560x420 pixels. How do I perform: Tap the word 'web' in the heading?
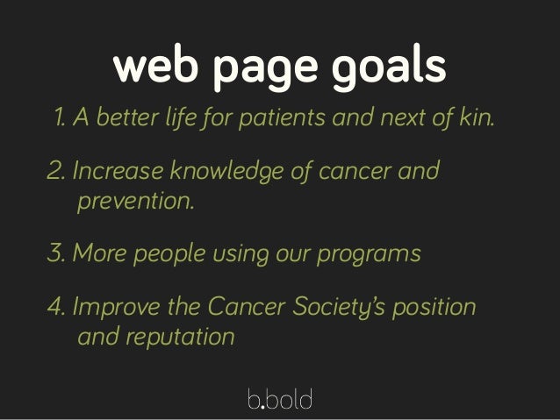tap(151, 66)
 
